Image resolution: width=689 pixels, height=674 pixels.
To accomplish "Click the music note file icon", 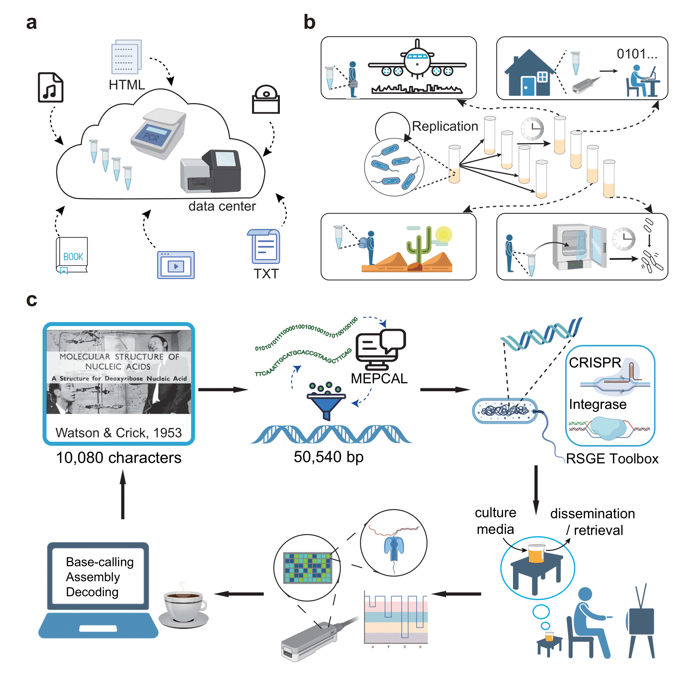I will point(50,88).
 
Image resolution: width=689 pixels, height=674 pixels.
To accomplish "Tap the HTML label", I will point(126,85).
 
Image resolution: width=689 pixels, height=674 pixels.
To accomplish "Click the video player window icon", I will point(176,265).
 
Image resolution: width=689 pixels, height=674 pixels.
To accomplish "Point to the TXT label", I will point(266,274).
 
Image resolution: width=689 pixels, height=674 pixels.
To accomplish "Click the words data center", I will point(222,206).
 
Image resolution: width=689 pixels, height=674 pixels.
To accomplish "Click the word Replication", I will point(445,126).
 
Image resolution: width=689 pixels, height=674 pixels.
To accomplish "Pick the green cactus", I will point(418,246).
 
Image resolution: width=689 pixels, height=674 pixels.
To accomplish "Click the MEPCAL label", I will point(379,378).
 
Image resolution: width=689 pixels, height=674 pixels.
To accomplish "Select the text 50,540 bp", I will point(328,457).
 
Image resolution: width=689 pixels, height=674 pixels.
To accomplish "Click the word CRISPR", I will point(595,362).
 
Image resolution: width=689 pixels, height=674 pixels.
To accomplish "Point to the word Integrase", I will point(597,404).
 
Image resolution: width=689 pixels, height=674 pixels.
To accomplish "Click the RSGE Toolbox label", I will point(612,459).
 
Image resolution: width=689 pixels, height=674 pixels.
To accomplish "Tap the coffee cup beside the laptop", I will point(184,605).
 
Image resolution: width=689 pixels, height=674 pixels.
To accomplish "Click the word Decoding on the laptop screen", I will point(92,592).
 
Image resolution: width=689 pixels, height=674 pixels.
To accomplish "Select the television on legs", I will point(641,621).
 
